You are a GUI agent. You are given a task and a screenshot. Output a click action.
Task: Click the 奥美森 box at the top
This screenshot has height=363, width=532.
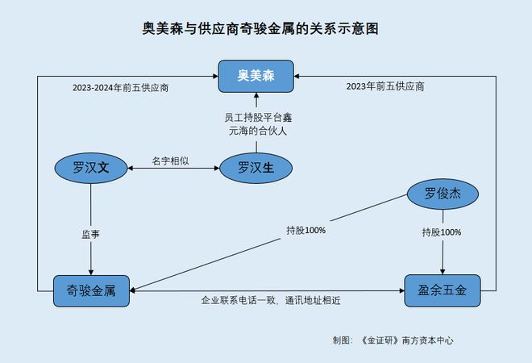coord(256,76)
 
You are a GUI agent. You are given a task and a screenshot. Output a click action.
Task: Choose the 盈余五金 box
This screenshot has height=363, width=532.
coord(442,290)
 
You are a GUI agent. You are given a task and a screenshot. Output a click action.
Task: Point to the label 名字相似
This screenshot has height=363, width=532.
coord(171,161)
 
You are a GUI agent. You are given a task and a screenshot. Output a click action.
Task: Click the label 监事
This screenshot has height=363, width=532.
coord(90,235)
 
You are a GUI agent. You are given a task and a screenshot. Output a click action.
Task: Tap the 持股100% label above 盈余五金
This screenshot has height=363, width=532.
coord(442,232)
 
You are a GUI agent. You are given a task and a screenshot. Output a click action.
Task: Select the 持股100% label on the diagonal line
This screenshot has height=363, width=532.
coord(305,230)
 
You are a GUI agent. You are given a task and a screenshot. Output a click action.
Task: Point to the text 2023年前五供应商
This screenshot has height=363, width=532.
coord(385,86)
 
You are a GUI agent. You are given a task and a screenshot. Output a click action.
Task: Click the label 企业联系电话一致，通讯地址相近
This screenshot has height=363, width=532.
coord(270,300)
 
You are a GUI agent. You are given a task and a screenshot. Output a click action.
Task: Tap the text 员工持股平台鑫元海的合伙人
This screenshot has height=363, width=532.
coord(256,123)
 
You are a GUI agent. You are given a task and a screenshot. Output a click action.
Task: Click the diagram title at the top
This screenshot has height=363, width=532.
coord(255,29)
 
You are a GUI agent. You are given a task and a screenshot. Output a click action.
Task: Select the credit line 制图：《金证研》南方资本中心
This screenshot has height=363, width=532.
coord(393,340)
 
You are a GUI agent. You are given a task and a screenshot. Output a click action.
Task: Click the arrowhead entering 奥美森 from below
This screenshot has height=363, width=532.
coord(256,97)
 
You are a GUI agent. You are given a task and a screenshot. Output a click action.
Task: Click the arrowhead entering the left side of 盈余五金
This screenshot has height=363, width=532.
coord(398,290)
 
